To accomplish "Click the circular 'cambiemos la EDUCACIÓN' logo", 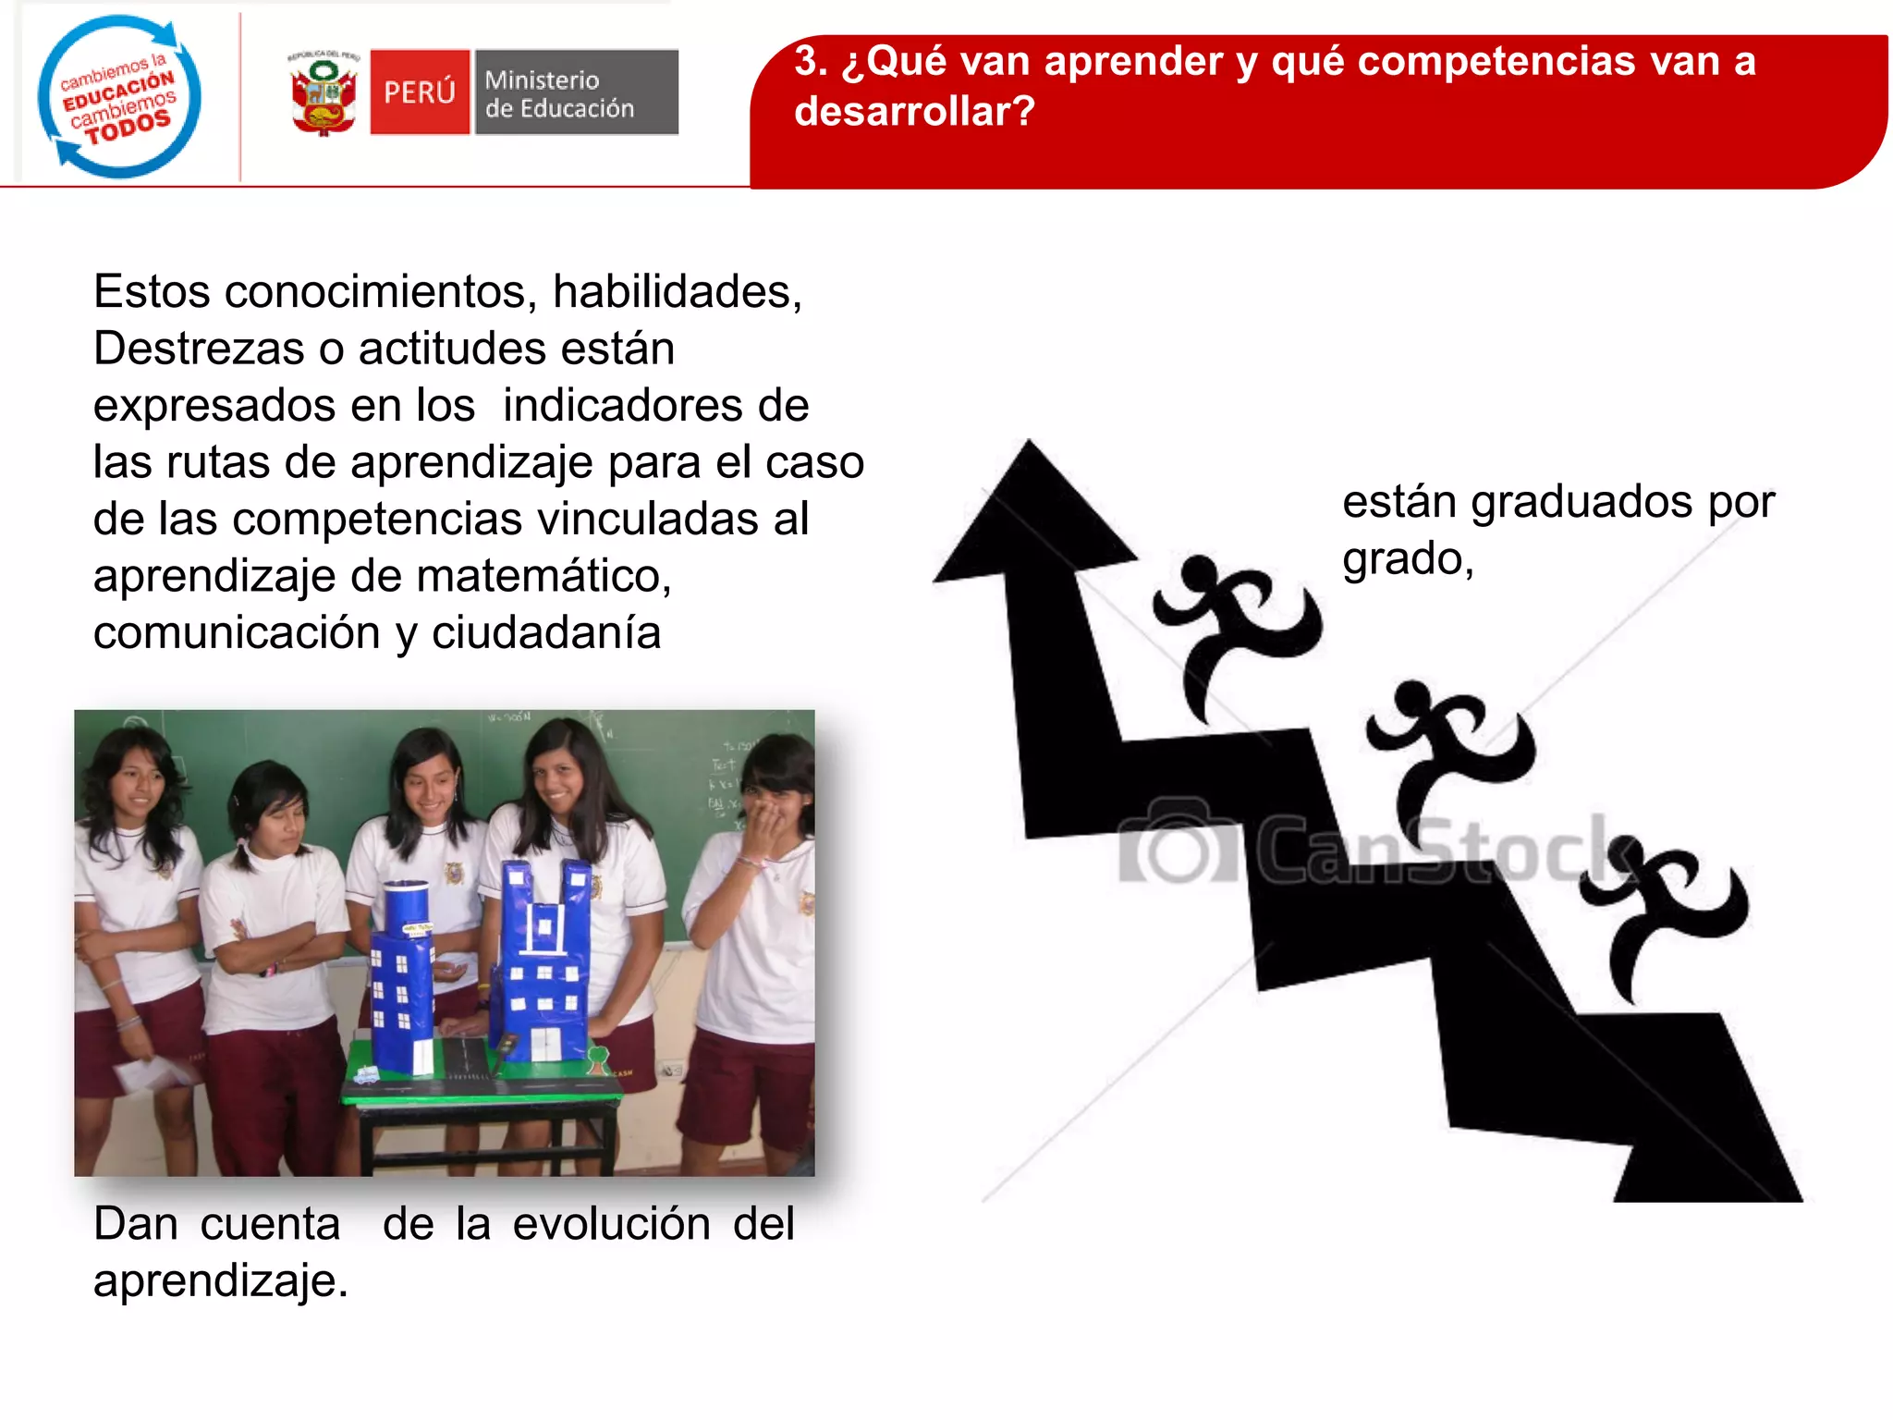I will click(x=119, y=96).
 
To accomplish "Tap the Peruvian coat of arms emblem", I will click(x=323, y=93).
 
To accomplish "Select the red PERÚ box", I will click(x=420, y=92).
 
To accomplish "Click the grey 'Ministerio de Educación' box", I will click(x=577, y=92).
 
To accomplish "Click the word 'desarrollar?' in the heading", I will click(x=914, y=112).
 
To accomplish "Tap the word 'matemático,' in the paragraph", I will click(x=543, y=576).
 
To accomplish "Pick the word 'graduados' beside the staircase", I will click(x=1582, y=502).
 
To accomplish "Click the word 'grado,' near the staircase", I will click(x=1408, y=559).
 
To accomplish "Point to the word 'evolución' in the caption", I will click(x=612, y=1224).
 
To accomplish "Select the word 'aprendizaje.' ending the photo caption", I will click(x=221, y=1281).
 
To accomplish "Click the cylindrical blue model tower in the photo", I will click(x=404, y=971).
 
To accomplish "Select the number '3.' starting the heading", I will click(x=811, y=62).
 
